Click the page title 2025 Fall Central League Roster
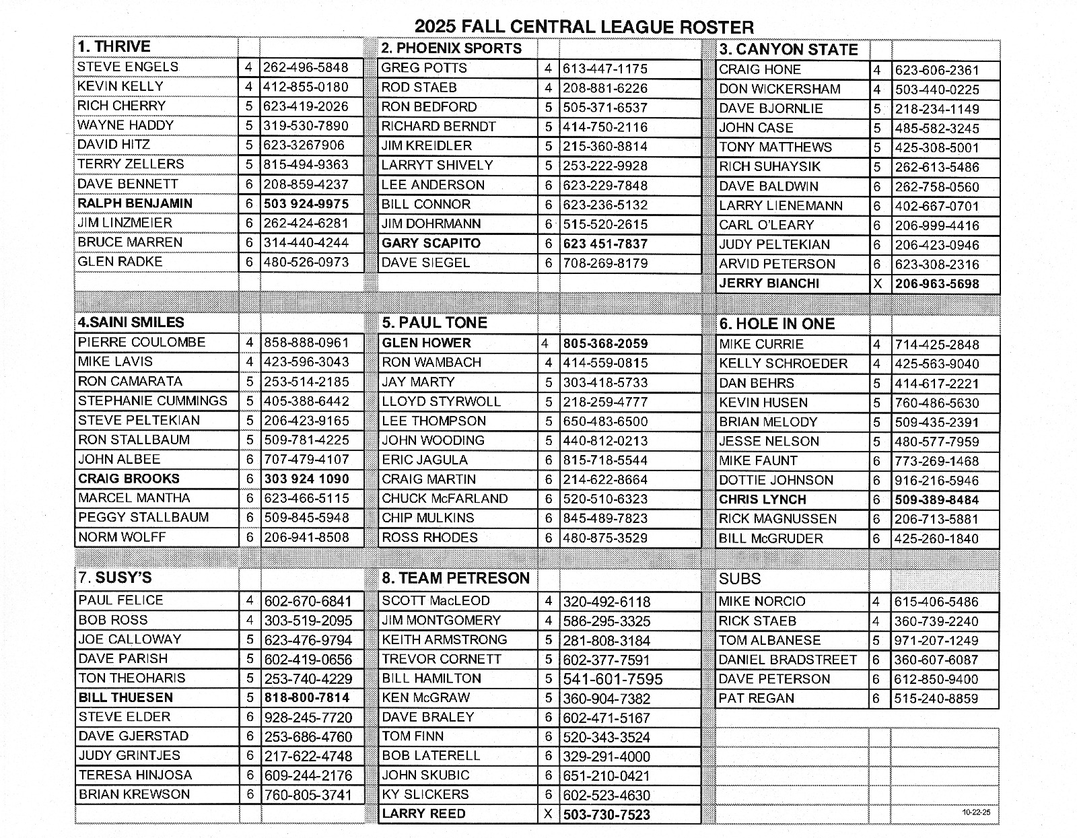584,27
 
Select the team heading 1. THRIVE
114,47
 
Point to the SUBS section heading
740,579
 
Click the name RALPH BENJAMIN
135,203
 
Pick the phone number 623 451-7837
605,244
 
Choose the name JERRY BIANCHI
769,283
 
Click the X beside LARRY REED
548,814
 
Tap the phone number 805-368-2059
605,343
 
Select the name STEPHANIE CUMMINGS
153,400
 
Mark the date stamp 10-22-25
976,812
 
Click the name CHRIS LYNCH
762,499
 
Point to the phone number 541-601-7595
613,679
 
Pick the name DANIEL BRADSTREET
788,660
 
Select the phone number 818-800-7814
307,698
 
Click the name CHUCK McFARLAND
444,499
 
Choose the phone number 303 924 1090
306,479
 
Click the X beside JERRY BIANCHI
877,284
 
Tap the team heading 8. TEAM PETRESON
456,578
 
